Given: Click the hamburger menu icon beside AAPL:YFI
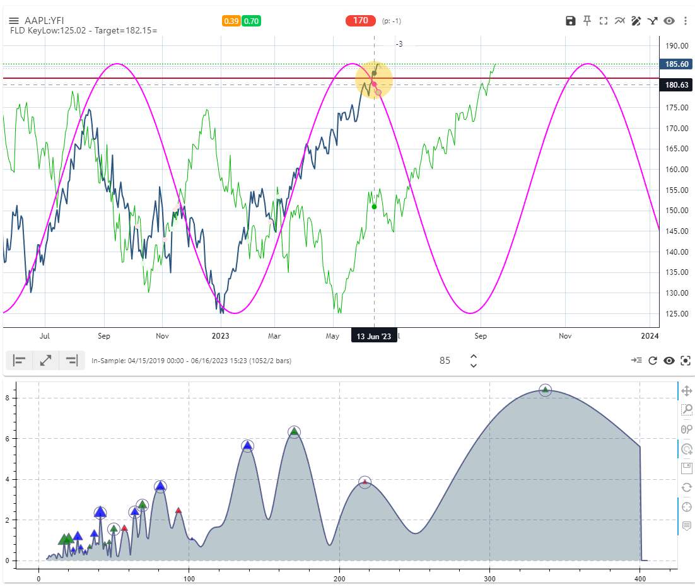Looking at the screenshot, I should click(13, 21).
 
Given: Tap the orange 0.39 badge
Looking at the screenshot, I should click(231, 21).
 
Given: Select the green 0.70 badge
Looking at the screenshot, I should click(251, 21).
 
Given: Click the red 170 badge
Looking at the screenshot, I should click(360, 21).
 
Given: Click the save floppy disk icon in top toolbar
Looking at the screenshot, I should click(570, 21).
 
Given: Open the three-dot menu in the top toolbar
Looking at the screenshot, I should click(685, 21).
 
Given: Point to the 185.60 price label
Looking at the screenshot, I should click(674, 64).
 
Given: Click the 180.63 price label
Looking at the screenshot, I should click(674, 85).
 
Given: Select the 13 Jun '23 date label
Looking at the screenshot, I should click(374, 336).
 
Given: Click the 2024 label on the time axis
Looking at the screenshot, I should click(649, 336).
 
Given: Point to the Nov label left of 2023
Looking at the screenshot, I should click(162, 336).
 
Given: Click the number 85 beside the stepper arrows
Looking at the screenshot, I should click(445, 361).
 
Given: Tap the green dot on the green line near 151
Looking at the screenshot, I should click(374, 207).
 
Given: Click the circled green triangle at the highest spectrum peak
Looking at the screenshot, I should click(545, 390).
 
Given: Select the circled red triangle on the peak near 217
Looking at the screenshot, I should click(365, 482).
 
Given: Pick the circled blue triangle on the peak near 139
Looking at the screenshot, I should click(247, 446).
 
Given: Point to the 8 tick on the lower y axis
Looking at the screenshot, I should click(25, 398).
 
